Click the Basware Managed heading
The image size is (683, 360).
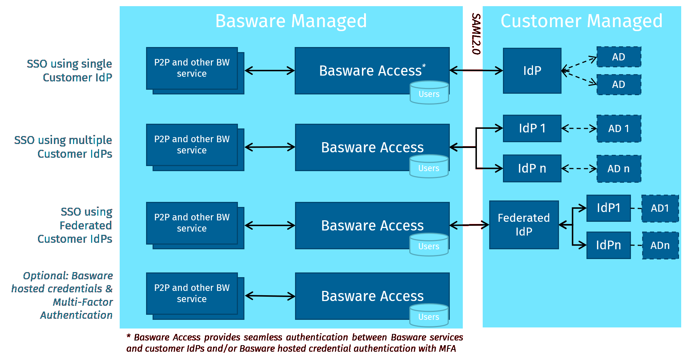[x=291, y=21]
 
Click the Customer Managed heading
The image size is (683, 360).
[x=581, y=21]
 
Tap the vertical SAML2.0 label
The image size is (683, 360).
[x=476, y=34]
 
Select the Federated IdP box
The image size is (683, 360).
[x=524, y=225]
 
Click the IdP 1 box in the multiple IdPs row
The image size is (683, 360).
[x=532, y=128]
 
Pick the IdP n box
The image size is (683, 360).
[x=532, y=168]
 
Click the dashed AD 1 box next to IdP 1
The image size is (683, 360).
[x=619, y=128]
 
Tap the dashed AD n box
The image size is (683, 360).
[x=619, y=169]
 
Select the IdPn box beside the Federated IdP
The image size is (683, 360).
[x=608, y=245]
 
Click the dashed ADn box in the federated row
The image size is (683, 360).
[x=660, y=246]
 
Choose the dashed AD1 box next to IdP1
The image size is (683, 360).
[x=659, y=208]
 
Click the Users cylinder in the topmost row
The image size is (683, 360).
[x=429, y=93]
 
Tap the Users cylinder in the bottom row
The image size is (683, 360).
[x=429, y=316]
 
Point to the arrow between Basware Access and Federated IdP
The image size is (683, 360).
[x=469, y=225]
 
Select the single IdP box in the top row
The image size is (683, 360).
[x=532, y=71]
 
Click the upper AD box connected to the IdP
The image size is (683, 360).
[x=619, y=57]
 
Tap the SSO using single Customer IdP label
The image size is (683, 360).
[x=69, y=71]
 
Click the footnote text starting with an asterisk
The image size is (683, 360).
[x=294, y=343]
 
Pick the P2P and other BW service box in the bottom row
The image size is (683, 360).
[x=192, y=293]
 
